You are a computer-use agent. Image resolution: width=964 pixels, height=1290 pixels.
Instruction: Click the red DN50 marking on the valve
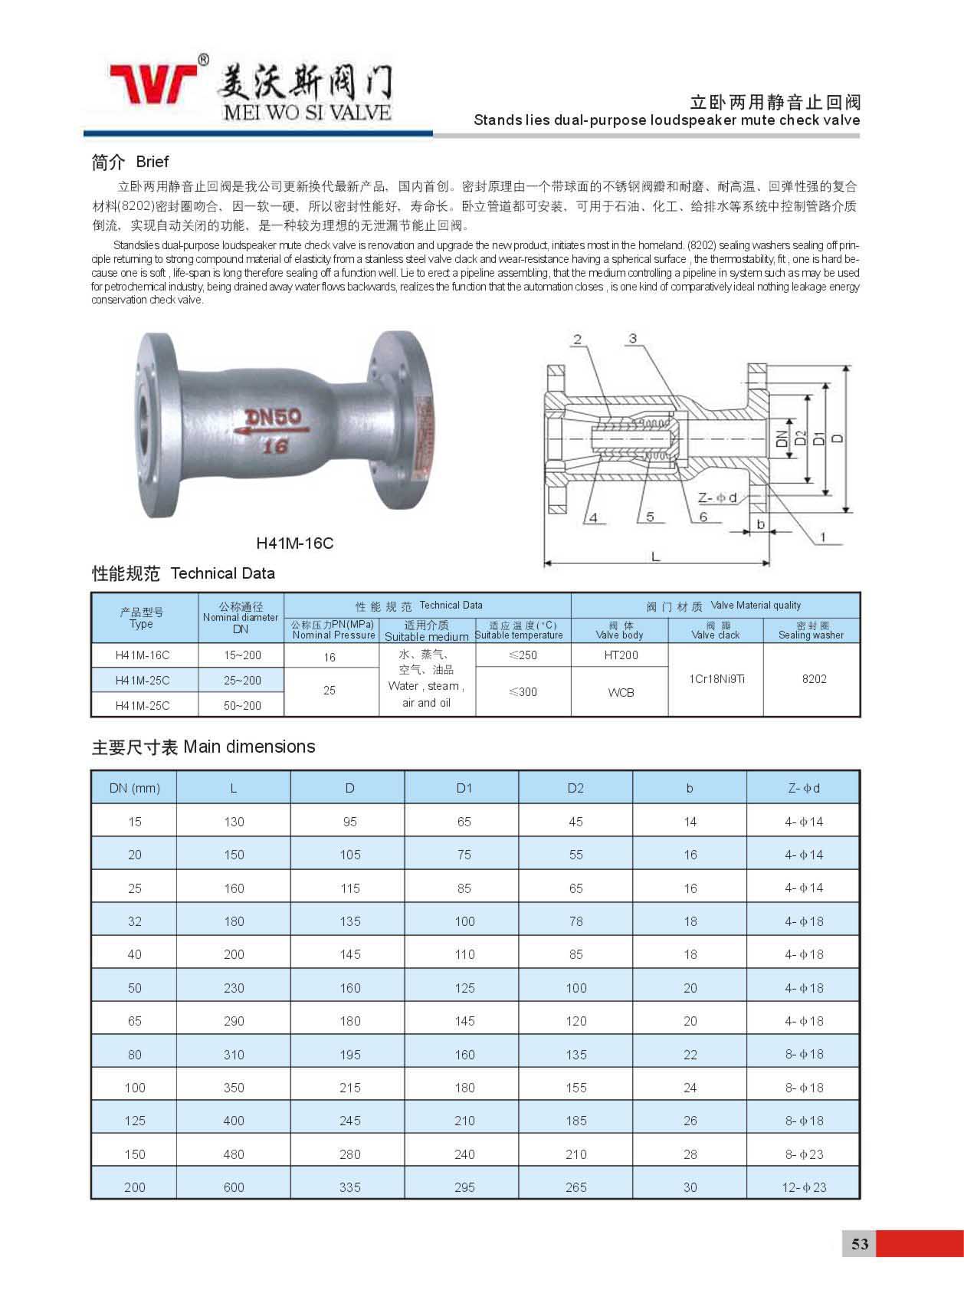click(274, 417)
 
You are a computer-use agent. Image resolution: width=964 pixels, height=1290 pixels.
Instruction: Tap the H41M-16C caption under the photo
click(295, 543)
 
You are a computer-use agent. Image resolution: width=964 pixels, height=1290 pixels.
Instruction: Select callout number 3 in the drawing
click(633, 339)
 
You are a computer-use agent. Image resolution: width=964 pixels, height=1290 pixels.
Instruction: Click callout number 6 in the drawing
click(703, 517)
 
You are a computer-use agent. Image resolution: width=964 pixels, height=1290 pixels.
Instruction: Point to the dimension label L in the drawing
click(656, 556)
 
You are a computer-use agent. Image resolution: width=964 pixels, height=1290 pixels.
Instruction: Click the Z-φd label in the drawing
click(717, 498)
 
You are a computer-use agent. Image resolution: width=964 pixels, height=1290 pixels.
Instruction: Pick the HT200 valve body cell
click(621, 655)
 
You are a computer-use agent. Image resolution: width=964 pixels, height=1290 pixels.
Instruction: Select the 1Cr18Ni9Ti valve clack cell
click(716, 679)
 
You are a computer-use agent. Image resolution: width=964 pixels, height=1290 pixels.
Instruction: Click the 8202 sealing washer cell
click(814, 679)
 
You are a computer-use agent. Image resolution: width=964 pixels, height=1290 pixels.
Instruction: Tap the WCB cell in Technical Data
click(621, 692)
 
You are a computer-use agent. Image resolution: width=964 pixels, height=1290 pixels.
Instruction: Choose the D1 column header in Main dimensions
click(464, 788)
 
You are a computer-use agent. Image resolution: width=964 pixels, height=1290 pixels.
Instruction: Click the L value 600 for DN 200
click(234, 1187)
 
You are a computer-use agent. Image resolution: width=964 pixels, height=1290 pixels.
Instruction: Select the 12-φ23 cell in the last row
click(804, 1187)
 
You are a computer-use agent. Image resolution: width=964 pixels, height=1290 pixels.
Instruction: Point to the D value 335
click(350, 1187)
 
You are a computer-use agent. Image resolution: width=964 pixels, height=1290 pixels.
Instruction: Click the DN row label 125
click(135, 1121)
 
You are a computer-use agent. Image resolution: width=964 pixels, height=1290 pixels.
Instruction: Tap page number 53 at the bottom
click(860, 1243)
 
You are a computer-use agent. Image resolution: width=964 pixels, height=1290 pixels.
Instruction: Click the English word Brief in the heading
click(152, 162)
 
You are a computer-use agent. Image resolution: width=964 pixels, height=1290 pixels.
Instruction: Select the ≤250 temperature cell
click(523, 655)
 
